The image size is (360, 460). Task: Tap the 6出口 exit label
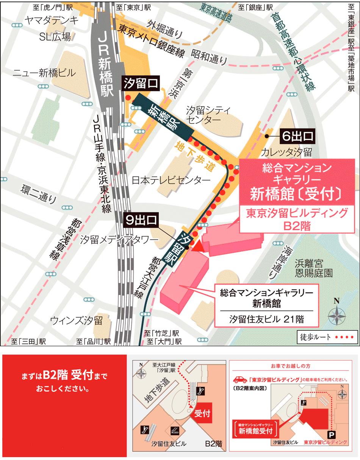pos(297,135)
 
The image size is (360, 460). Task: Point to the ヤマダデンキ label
pos(52,20)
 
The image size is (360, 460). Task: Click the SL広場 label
pos(55,36)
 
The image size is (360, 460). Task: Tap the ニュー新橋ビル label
pos(44,73)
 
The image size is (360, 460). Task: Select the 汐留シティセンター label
pos(208,115)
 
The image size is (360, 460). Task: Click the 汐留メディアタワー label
pos(119,240)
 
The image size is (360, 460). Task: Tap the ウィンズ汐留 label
pos(77,320)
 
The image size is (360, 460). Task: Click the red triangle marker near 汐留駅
pos(197,246)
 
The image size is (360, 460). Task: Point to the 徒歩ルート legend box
pos(327,336)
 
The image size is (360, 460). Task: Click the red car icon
pos(239,379)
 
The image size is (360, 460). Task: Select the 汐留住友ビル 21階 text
pos(267,319)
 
